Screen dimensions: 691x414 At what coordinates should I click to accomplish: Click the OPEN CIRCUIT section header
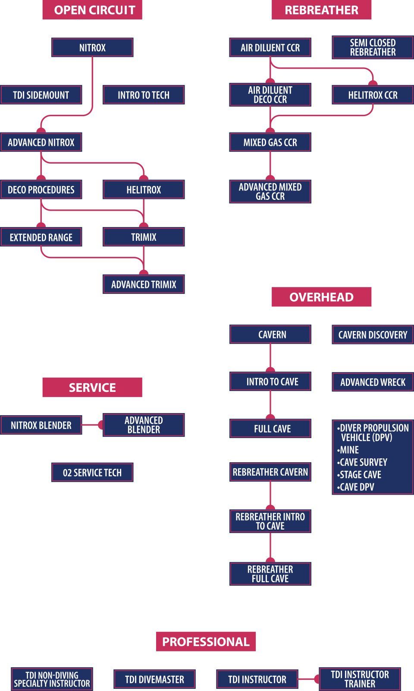pos(92,10)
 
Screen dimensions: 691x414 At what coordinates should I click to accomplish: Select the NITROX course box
pos(92,47)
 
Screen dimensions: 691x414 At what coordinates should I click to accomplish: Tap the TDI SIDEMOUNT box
pos(41,95)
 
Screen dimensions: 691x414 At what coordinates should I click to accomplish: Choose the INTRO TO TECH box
pos(144,95)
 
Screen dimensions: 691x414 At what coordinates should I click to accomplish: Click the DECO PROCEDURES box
pos(41,189)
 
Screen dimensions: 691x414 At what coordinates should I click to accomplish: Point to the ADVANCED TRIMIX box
pos(144,284)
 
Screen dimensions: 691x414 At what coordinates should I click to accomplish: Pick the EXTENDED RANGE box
pos(41,237)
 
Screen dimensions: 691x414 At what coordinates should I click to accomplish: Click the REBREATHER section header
pos(321,10)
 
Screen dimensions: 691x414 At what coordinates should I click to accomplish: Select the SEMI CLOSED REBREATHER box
pos(373,47)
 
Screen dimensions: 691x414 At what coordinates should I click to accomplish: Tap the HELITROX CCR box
pos(373,95)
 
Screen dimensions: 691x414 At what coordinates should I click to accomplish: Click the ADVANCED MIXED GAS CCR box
pos(270,192)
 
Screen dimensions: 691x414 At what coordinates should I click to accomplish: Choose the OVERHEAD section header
pos(321,297)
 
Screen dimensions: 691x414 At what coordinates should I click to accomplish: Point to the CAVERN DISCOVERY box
pos(373,334)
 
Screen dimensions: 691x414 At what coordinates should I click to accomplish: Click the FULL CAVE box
pos(270,429)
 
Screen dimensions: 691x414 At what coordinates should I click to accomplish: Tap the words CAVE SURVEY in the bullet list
pos(364,462)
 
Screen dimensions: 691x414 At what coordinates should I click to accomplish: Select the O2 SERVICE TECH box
pos(92,473)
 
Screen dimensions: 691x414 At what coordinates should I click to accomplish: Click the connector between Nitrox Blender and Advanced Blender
pos(91,425)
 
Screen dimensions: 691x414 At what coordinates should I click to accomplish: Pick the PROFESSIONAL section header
pos(206,642)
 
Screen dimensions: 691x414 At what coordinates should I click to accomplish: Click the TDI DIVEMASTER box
pos(154,679)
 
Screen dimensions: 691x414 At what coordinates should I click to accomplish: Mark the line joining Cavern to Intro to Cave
pos(270,356)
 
